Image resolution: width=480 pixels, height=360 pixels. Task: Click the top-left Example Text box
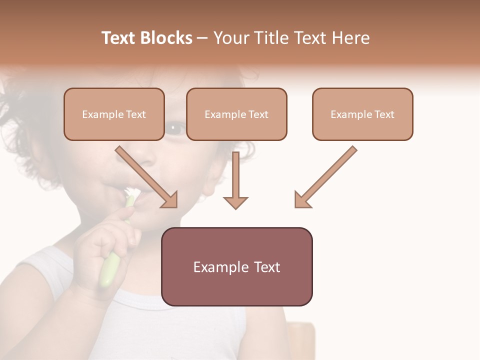point(114,114)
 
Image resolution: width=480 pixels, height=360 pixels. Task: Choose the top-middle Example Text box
point(236,114)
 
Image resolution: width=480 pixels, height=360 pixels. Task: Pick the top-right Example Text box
point(362,114)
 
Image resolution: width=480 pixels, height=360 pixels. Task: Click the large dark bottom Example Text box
point(236,266)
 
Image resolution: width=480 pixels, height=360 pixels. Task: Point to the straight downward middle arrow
point(235,180)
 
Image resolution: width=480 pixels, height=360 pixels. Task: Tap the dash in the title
point(203,38)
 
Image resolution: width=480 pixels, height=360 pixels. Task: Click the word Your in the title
point(229,38)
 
